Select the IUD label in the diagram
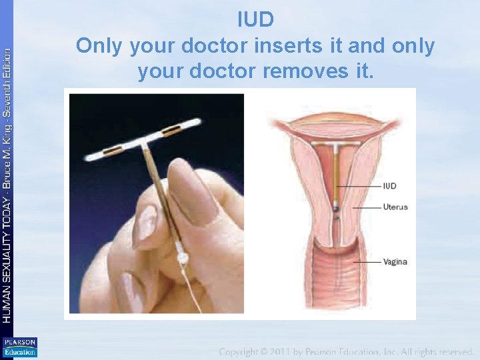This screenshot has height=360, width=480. (x=391, y=185)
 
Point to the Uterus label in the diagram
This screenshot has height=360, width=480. (x=395, y=207)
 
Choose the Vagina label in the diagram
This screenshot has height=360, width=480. (x=395, y=262)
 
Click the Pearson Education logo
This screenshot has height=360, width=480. (x=19, y=347)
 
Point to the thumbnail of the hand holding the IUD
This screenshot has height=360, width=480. (x=157, y=203)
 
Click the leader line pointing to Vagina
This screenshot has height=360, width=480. (x=366, y=262)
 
